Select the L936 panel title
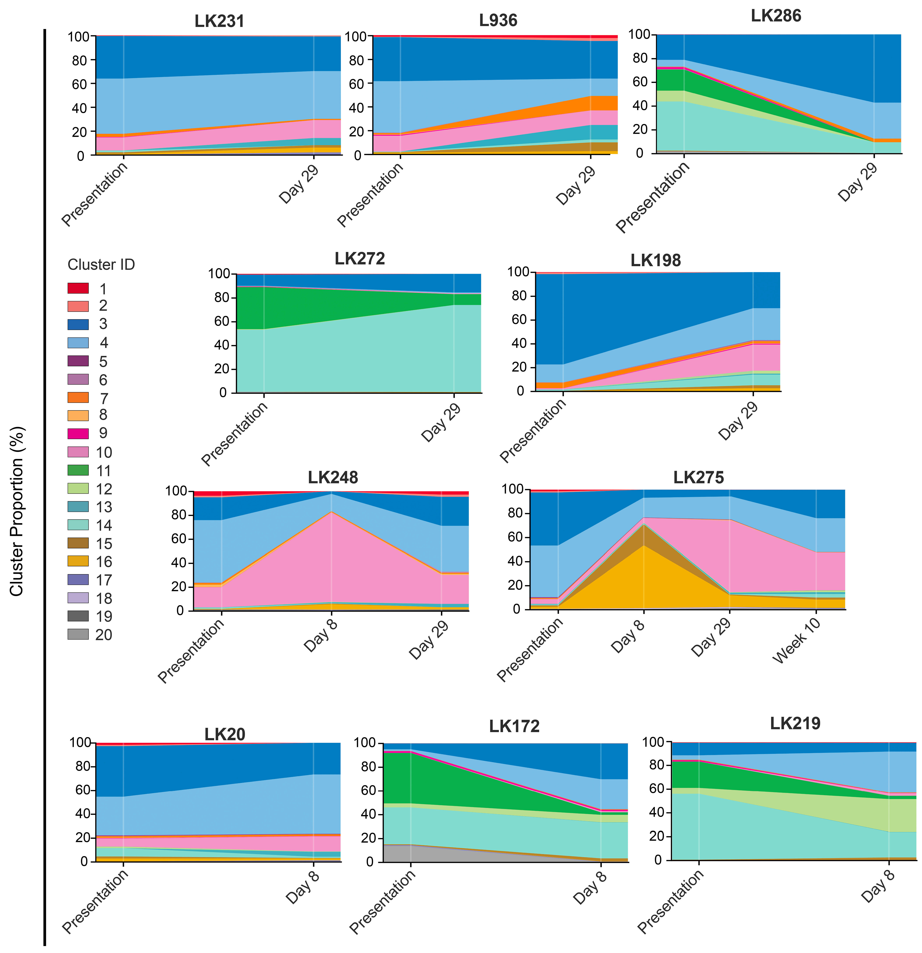pos(498,20)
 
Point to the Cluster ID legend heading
pos(101,265)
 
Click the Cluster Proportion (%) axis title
pos(17,510)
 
